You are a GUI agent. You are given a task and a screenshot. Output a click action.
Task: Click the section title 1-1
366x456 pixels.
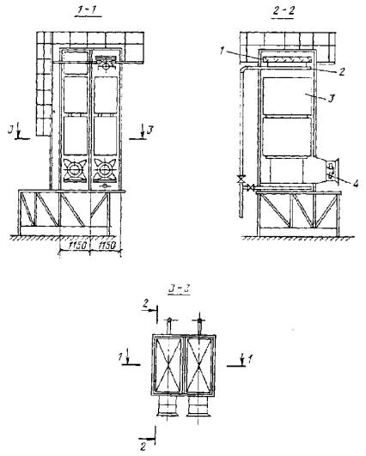[x=88, y=11]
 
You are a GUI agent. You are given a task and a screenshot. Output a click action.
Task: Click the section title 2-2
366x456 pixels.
[x=284, y=12]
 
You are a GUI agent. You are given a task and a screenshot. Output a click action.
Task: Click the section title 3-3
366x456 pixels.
[x=180, y=289]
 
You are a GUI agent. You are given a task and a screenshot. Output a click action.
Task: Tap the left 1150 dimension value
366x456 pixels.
[x=76, y=245]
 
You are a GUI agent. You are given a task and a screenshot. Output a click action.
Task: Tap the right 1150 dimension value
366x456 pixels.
[x=107, y=245]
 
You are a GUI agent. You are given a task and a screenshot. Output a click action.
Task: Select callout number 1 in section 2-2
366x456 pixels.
[x=222, y=52]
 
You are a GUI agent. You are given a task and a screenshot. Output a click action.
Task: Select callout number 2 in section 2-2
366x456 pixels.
[x=342, y=71]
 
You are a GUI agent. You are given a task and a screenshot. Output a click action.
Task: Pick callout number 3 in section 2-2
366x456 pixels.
[x=331, y=98]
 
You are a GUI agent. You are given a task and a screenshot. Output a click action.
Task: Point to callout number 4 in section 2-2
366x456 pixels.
[x=356, y=184]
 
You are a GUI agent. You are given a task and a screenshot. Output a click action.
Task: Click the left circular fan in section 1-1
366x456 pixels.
[x=75, y=169]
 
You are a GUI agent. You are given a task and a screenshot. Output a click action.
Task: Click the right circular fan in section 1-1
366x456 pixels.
[x=105, y=169]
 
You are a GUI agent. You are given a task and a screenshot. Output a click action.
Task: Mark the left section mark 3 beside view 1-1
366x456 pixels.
[x=10, y=130]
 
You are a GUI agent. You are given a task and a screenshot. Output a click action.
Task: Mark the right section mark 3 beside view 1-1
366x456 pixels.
[x=149, y=130]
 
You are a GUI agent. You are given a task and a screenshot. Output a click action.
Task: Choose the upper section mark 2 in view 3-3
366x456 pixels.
[x=145, y=304]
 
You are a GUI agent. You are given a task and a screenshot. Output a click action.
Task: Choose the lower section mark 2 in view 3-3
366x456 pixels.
[x=143, y=447]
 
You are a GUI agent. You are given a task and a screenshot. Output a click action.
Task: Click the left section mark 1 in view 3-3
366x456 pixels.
[x=120, y=356]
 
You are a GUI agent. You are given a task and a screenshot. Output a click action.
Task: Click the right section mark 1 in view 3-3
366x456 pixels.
[x=250, y=359]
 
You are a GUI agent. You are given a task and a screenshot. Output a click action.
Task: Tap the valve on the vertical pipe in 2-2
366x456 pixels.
[x=241, y=179]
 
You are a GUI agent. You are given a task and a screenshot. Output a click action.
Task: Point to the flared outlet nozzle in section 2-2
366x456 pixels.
[x=332, y=172]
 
